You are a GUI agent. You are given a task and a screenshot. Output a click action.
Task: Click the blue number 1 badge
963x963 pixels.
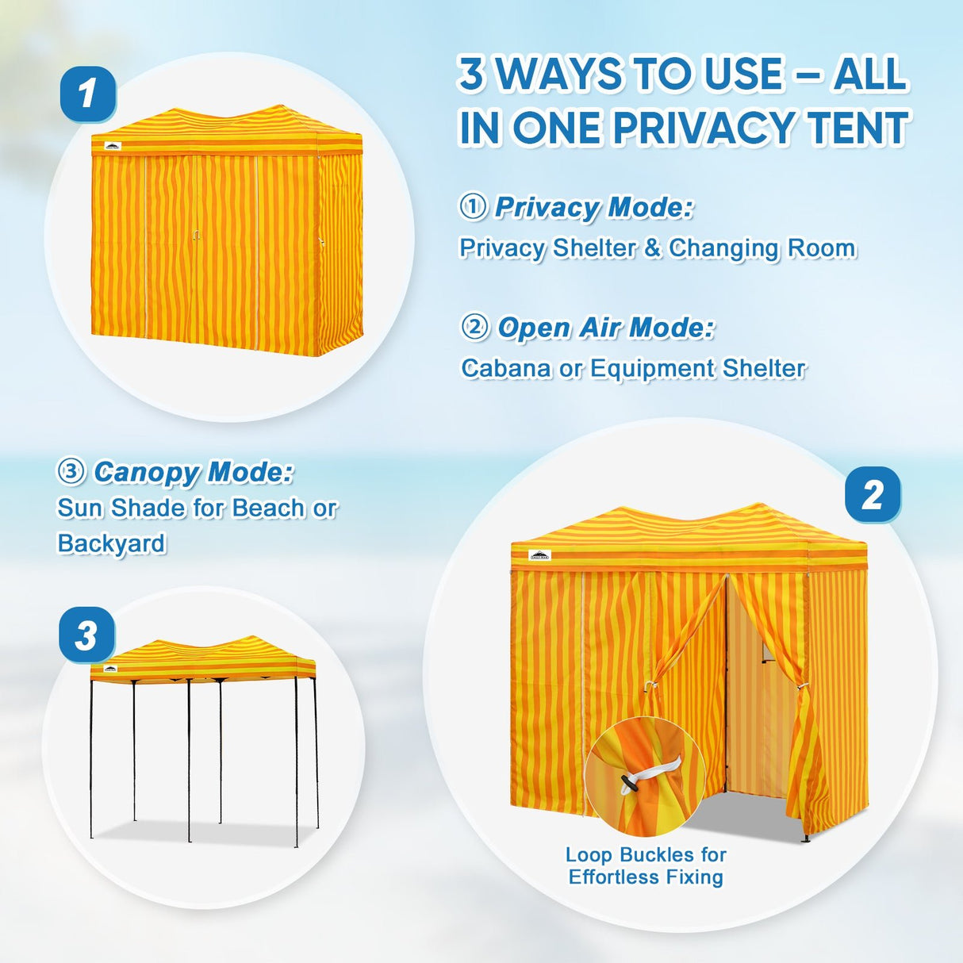(x=87, y=94)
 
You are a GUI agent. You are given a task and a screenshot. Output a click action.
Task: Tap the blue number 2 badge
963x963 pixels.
(x=873, y=495)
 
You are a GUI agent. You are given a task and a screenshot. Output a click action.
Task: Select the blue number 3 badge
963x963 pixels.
(x=86, y=635)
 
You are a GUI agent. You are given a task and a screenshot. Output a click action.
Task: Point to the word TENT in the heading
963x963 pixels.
(x=857, y=129)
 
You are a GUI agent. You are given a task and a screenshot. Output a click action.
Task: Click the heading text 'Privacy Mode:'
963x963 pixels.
(x=593, y=208)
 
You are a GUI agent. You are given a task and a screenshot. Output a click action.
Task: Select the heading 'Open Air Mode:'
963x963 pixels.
(x=606, y=328)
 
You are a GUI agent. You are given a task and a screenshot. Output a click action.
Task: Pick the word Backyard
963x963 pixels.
(x=112, y=543)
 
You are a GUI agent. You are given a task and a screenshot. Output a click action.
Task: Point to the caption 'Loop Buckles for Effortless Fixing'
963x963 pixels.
(x=646, y=866)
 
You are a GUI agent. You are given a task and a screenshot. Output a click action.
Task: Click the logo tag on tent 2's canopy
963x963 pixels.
(x=539, y=554)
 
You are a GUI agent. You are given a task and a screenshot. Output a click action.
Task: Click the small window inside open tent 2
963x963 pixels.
(x=766, y=653)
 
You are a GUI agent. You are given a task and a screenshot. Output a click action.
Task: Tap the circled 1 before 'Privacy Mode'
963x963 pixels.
(x=473, y=207)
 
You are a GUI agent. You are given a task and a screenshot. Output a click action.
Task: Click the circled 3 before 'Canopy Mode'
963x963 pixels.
(x=71, y=471)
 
